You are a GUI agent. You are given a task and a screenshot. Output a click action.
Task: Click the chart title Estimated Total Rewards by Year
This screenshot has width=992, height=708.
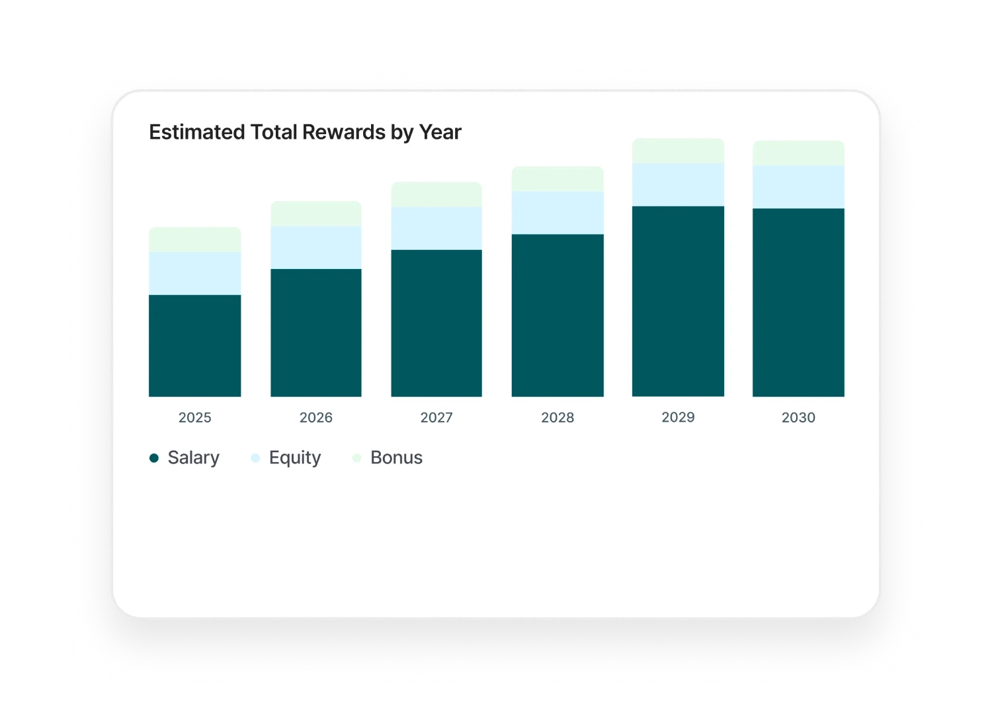(305, 132)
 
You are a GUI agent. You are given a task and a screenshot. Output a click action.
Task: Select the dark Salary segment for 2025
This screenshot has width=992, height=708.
(195, 345)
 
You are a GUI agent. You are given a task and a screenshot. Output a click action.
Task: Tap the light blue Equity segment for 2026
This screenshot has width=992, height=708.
(316, 247)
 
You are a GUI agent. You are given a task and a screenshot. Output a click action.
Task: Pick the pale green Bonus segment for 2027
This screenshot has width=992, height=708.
(436, 194)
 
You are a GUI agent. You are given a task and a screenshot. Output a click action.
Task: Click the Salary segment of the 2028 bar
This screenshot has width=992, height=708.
(558, 315)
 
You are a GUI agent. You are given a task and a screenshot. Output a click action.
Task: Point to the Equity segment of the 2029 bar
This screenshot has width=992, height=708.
(678, 184)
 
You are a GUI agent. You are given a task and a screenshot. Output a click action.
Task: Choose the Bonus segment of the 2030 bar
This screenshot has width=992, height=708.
(798, 153)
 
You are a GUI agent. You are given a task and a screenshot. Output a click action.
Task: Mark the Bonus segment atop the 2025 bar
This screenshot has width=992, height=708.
(195, 239)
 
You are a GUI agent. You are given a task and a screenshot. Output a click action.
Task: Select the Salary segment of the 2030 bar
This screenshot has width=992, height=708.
(798, 302)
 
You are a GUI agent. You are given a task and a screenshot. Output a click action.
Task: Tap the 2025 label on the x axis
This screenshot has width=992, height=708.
(195, 418)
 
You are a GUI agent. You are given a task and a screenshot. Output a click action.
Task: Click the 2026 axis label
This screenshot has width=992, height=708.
(316, 418)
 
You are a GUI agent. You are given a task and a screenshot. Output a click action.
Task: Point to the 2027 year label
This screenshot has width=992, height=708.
(436, 418)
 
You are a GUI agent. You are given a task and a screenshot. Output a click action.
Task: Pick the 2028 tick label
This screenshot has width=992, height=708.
(558, 418)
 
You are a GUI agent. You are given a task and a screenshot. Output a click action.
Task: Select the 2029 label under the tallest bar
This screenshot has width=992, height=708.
(678, 417)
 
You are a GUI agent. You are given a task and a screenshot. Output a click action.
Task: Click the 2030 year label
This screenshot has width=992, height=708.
(798, 418)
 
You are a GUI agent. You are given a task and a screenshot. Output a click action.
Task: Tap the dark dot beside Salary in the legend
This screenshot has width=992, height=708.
(154, 458)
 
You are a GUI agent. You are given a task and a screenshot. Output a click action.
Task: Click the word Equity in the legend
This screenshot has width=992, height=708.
(295, 458)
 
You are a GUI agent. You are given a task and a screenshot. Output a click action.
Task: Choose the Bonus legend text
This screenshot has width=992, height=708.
(396, 457)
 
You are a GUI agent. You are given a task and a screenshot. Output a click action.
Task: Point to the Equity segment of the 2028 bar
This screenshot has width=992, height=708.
(558, 212)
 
